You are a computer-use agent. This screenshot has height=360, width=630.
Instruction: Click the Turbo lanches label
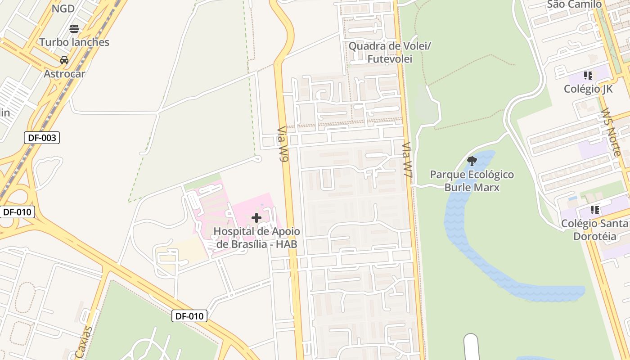click(x=74, y=42)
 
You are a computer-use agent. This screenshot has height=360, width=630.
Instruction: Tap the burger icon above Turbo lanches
click(x=74, y=29)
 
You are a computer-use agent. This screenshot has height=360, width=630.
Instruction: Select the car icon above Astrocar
click(x=64, y=60)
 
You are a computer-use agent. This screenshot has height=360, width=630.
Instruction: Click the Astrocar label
click(x=64, y=74)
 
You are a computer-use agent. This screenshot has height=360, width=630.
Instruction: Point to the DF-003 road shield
click(x=42, y=138)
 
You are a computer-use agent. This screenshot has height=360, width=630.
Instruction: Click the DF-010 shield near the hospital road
click(x=189, y=316)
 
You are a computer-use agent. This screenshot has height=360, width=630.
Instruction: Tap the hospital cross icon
click(x=256, y=218)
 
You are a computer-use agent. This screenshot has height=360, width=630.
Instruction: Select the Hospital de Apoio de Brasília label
click(x=256, y=238)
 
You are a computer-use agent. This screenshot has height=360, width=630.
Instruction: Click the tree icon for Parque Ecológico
click(x=472, y=161)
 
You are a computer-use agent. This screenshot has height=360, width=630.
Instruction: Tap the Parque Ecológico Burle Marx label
click(x=472, y=180)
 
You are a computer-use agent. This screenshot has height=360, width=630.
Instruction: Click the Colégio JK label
click(x=588, y=89)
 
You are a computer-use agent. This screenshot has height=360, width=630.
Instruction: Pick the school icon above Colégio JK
click(x=588, y=76)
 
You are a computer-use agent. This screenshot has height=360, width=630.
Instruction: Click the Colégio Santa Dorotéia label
click(x=594, y=229)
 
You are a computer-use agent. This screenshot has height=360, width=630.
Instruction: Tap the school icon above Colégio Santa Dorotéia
click(x=595, y=210)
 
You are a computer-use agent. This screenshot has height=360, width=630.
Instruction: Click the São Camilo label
click(x=574, y=4)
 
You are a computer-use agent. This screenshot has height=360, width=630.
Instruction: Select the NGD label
click(x=63, y=9)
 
